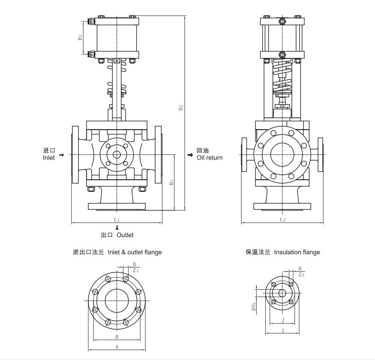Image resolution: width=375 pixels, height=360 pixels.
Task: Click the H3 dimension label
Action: tap(80, 38)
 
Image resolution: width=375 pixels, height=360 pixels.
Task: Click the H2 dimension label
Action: tap(181, 108)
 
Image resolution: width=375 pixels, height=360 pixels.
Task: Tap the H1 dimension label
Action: tap(171, 182)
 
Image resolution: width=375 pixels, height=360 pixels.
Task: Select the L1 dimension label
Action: tap(117, 219)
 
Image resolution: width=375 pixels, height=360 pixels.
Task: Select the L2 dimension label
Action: tap(282, 219)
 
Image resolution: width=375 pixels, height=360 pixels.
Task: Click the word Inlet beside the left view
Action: tap(49, 158)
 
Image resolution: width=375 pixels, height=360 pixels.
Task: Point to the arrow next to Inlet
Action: tap(61, 154)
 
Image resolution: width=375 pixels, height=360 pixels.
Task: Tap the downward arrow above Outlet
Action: tap(117, 228)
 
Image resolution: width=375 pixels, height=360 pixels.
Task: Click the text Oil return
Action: tap(210, 157)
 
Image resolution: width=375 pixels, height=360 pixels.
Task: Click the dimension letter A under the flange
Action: tap(117, 347)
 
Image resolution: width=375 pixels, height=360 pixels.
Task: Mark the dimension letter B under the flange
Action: tap(117, 337)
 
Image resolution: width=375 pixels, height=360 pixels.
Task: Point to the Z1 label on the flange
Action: tap(135, 271)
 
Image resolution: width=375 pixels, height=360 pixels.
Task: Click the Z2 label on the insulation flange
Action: tap(301, 274)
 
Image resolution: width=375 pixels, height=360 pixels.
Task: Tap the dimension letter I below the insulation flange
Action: tap(282, 330)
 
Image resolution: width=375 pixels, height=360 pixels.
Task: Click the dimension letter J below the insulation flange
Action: tap(282, 320)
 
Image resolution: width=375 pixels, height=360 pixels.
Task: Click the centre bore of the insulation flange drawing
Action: tap(282, 293)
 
